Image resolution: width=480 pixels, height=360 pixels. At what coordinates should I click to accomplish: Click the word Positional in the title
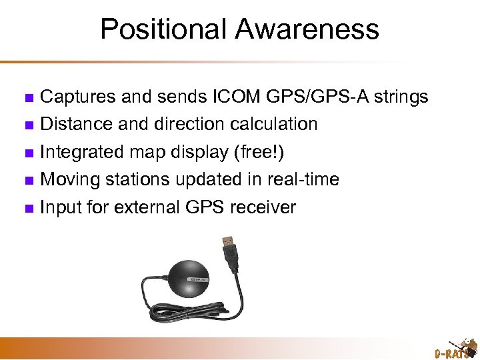157,29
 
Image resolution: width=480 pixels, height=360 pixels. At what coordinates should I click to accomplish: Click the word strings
401,97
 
